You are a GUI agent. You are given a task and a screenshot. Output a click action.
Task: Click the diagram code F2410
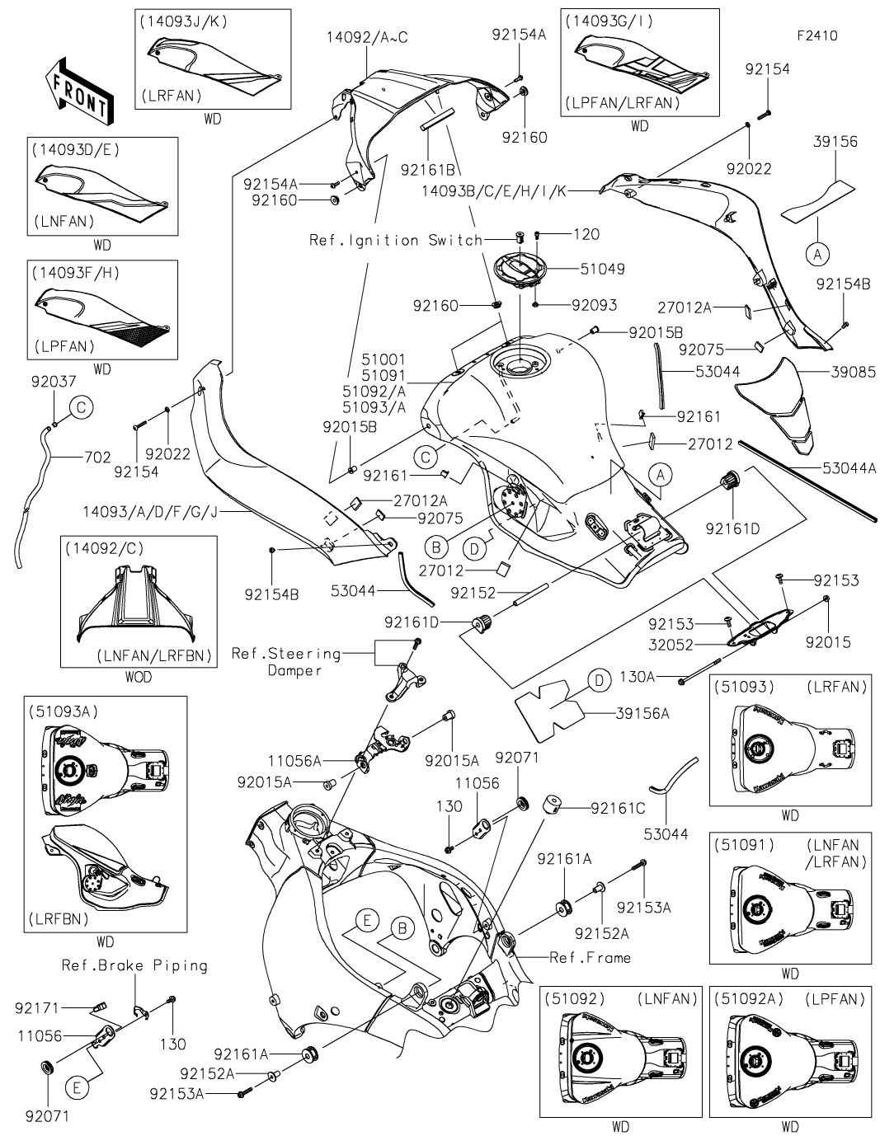pyautogui.click(x=816, y=36)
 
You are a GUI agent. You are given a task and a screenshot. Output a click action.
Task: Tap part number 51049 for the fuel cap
pyautogui.click(x=602, y=269)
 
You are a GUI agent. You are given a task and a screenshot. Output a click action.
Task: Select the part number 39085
pyautogui.click(x=853, y=372)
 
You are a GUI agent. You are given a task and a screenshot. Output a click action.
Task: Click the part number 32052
pyautogui.click(x=670, y=645)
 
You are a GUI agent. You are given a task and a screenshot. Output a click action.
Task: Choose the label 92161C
pyautogui.click(x=618, y=809)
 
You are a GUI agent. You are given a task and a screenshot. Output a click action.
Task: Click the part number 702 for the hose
pyautogui.click(x=97, y=456)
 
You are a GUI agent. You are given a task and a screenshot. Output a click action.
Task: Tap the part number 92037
pyautogui.click(x=53, y=382)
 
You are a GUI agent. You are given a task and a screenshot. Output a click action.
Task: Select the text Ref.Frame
pyautogui.click(x=590, y=957)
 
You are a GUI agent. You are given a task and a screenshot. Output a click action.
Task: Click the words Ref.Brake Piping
pyautogui.click(x=134, y=965)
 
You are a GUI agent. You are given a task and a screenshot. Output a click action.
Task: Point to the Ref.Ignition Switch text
pyautogui.click(x=395, y=240)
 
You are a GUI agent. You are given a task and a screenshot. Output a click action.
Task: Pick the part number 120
pyautogui.click(x=586, y=235)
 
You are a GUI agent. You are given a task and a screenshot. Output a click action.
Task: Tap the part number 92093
pyautogui.click(x=594, y=305)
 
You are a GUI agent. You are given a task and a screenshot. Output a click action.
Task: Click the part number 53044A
pyautogui.click(x=849, y=467)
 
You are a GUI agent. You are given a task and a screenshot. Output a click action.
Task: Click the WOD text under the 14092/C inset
pyautogui.click(x=139, y=677)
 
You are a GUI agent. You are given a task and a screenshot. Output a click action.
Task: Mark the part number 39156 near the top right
pyautogui.click(x=835, y=142)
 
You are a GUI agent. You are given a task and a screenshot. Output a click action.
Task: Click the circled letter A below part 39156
pyautogui.click(x=817, y=256)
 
